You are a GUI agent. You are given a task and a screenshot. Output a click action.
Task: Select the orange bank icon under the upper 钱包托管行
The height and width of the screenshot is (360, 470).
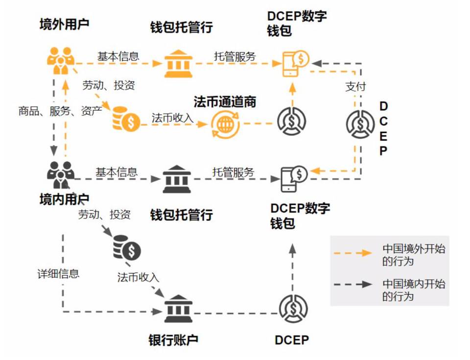178,64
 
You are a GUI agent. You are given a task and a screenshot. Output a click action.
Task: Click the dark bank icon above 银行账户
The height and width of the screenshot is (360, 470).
178,309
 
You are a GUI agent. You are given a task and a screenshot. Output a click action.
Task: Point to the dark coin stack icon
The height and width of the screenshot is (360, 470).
126,248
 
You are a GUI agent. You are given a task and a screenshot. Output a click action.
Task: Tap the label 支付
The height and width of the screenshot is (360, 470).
356,87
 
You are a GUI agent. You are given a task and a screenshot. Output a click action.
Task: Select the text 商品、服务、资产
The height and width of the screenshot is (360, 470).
60,111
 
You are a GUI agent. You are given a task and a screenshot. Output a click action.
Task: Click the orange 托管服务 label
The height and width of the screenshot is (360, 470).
235,56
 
